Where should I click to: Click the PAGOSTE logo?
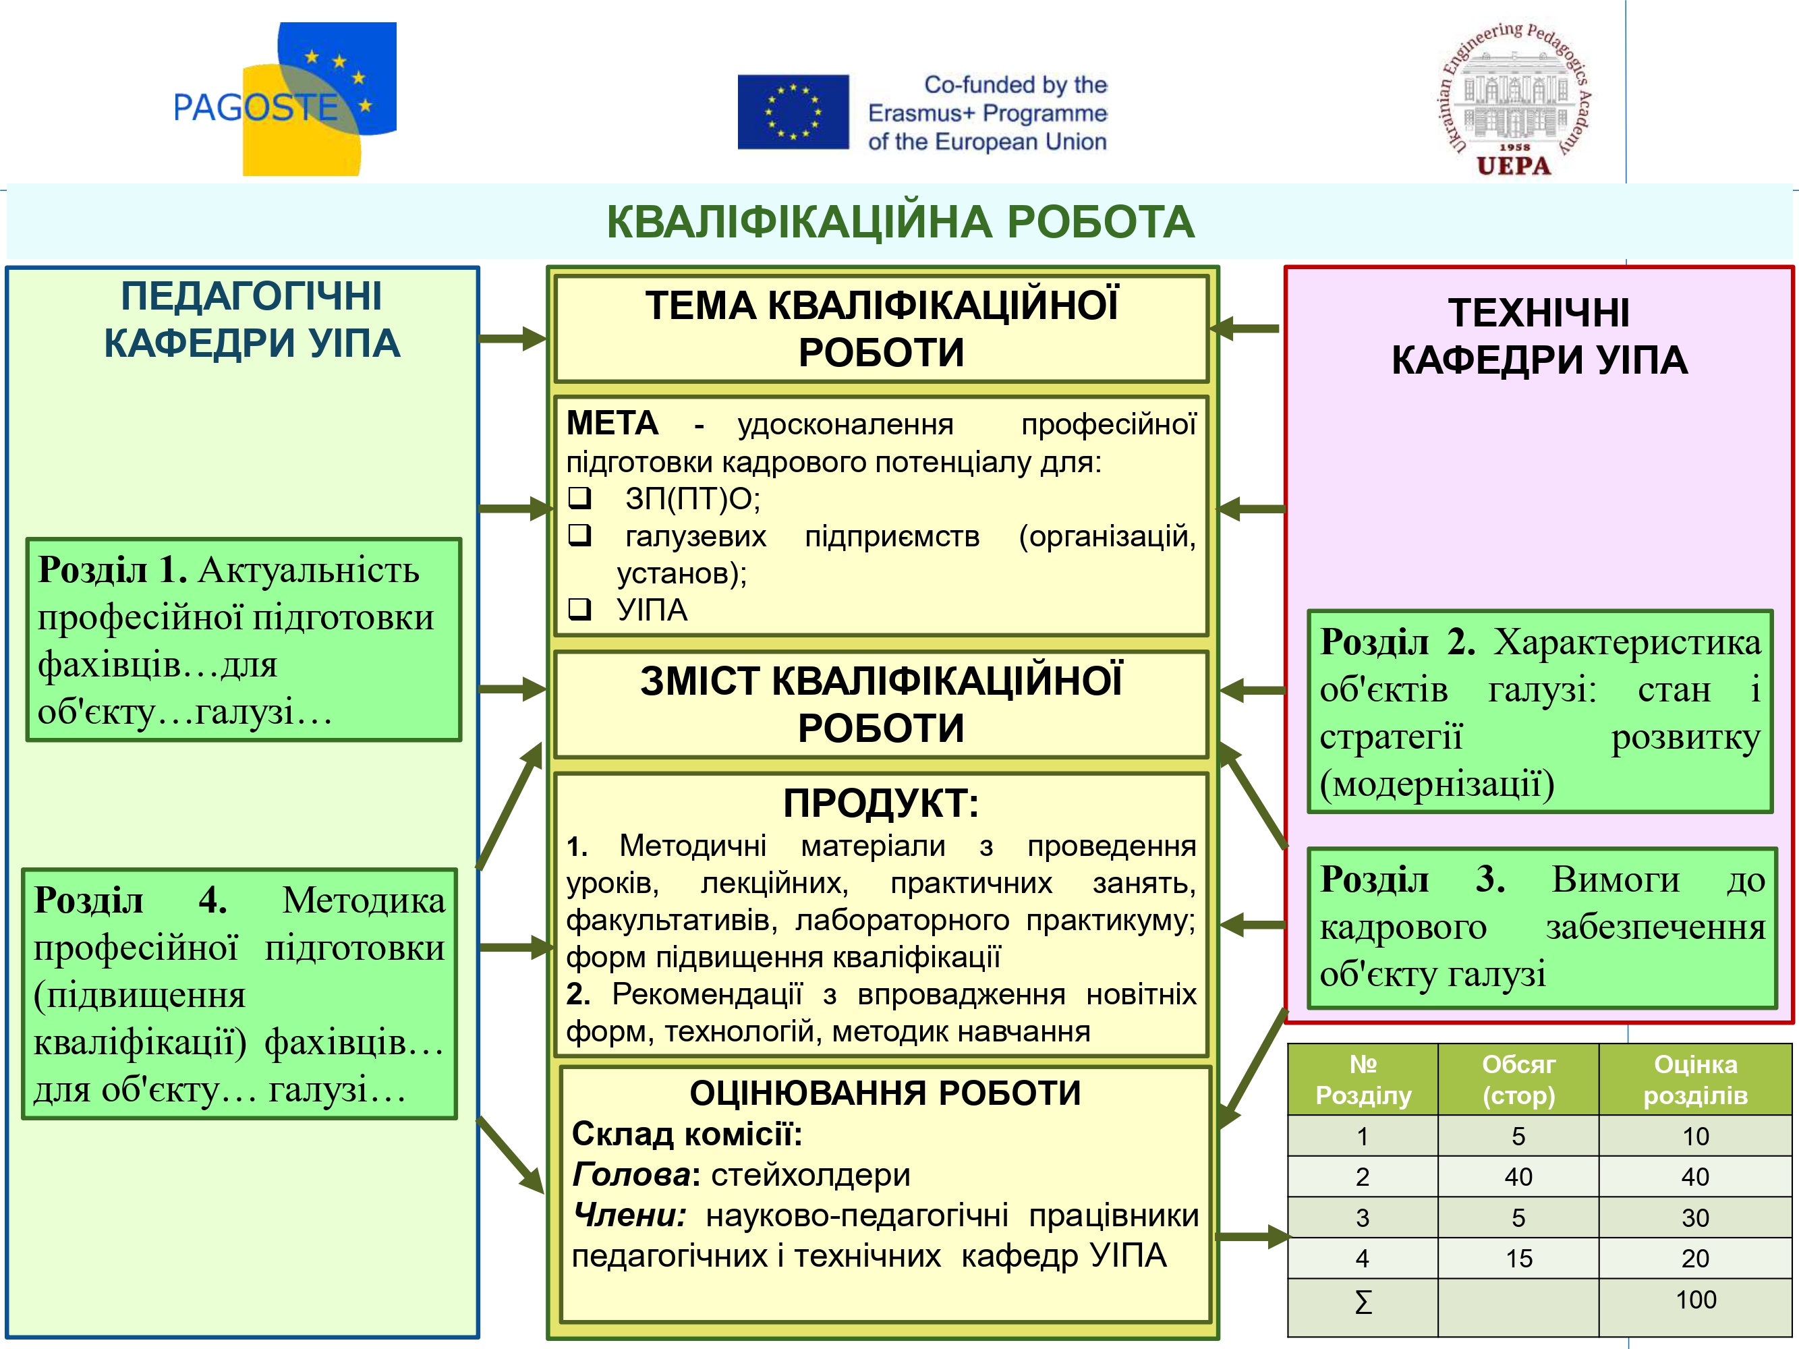(285, 98)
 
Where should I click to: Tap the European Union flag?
(793, 112)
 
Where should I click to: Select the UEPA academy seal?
(1514, 98)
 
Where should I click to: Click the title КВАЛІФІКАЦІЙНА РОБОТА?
(901, 222)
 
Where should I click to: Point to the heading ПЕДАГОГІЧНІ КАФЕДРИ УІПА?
(252, 319)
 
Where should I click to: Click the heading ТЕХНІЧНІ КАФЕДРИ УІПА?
(1539, 336)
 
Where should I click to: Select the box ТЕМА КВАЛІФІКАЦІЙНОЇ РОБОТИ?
(882, 328)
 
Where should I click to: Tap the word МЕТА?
(612, 423)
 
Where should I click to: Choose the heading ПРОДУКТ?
(881, 803)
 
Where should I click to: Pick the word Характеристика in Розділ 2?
(1626, 642)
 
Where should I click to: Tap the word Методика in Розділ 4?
(364, 900)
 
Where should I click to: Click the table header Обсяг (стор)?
(1518, 1079)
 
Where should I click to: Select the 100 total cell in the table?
(1696, 1299)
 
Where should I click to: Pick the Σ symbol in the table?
(1363, 1302)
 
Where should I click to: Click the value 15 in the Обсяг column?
(1518, 1259)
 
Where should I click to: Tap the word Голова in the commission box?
(632, 1174)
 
